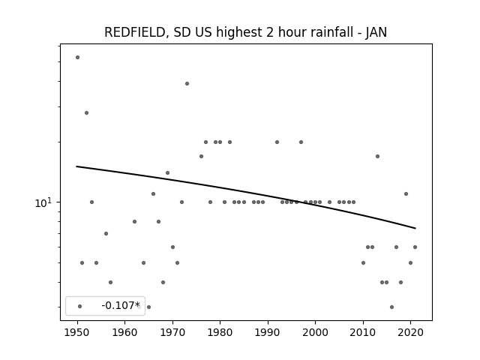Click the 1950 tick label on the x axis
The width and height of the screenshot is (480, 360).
click(x=77, y=332)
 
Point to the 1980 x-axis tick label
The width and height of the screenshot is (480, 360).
click(x=220, y=332)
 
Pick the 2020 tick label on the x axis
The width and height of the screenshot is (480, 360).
click(x=411, y=332)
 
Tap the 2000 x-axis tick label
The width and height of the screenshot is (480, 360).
click(x=316, y=332)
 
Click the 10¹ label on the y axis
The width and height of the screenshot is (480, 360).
click(x=43, y=202)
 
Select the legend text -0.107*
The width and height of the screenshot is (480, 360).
click(x=121, y=305)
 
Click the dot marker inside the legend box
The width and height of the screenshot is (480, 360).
click(x=80, y=306)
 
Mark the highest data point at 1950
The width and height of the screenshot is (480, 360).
click(x=77, y=57)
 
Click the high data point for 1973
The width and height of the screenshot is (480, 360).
click(x=187, y=83)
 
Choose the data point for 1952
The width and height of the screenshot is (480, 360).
click(x=87, y=113)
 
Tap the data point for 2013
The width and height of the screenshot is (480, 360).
click(x=377, y=157)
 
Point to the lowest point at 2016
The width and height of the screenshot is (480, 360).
click(x=391, y=307)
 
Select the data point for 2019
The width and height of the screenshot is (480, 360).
click(x=406, y=193)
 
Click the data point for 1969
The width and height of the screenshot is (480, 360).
click(x=167, y=173)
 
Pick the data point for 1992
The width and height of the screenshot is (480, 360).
click(x=277, y=142)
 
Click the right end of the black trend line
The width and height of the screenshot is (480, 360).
click(x=415, y=228)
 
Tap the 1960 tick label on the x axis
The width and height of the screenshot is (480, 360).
click(x=125, y=332)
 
